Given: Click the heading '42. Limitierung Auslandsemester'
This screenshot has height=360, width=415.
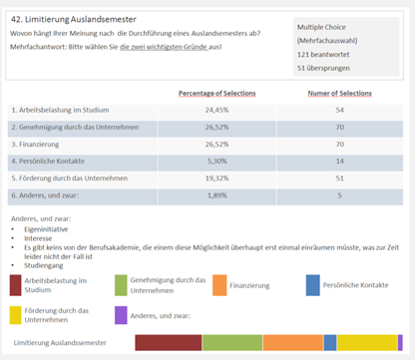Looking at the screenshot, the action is pyautogui.click(x=74, y=20).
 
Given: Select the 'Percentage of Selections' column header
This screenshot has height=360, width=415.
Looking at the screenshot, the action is pyautogui.click(x=217, y=94).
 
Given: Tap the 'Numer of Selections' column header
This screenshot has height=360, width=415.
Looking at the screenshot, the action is pyautogui.click(x=339, y=94).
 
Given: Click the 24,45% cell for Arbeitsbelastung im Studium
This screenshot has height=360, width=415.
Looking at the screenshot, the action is pyautogui.click(x=216, y=110).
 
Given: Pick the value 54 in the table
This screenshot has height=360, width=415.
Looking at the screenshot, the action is pyautogui.click(x=339, y=110).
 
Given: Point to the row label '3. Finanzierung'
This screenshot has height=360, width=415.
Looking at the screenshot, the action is pyautogui.click(x=35, y=145).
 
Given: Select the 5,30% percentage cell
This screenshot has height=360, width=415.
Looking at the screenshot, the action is pyautogui.click(x=216, y=162).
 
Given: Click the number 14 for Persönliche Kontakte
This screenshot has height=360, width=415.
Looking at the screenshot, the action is pyautogui.click(x=339, y=162).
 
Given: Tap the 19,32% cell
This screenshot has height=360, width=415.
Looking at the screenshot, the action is pyautogui.click(x=216, y=179).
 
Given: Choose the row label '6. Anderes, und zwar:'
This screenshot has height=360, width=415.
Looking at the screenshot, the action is pyautogui.click(x=45, y=195).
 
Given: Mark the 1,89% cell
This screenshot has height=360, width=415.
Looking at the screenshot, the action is pyautogui.click(x=217, y=195).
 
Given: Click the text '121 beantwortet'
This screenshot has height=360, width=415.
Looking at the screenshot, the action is pyautogui.click(x=323, y=55).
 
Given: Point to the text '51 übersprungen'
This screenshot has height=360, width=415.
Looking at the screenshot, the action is pyautogui.click(x=323, y=68).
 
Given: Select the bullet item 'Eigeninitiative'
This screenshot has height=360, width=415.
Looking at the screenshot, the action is pyautogui.click(x=46, y=229).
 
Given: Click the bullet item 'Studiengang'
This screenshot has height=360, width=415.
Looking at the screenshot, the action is pyautogui.click(x=44, y=265).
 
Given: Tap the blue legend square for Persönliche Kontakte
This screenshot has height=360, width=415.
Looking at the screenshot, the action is pyautogui.click(x=313, y=285).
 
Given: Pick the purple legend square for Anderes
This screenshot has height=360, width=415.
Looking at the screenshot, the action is pyautogui.click(x=121, y=315).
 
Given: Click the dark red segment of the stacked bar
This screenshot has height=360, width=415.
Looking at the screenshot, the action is pyautogui.click(x=169, y=343).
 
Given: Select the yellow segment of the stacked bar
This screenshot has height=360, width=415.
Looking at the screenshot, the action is pyautogui.click(x=367, y=343).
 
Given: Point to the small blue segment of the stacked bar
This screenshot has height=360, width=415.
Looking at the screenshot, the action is pyautogui.click(x=330, y=343).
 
